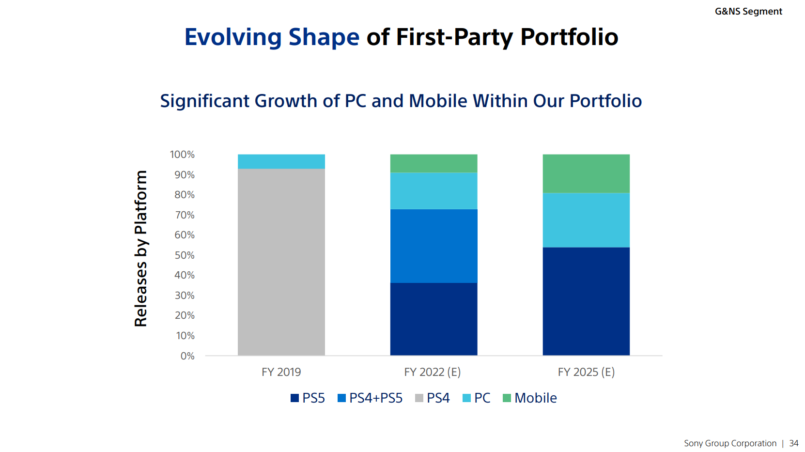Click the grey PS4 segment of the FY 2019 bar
(281, 262)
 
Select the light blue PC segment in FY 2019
(281, 162)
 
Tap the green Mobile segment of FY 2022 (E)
(434, 164)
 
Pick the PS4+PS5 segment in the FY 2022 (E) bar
(434, 246)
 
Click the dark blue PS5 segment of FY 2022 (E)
(434, 319)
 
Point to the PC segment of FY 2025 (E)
(586, 220)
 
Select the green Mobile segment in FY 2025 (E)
(586, 174)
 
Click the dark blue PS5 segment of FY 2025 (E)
(586, 301)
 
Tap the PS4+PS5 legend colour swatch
(342, 398)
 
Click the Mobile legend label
(536, 398)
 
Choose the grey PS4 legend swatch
(419, 398)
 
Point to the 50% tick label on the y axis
(185, 255)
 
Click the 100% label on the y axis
(182, 155)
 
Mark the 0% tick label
(187, 356)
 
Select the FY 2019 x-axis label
(281, 372)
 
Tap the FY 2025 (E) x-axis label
(586, 372)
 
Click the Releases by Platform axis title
(141, 249)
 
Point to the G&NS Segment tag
(748, 12)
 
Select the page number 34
(793, 443)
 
